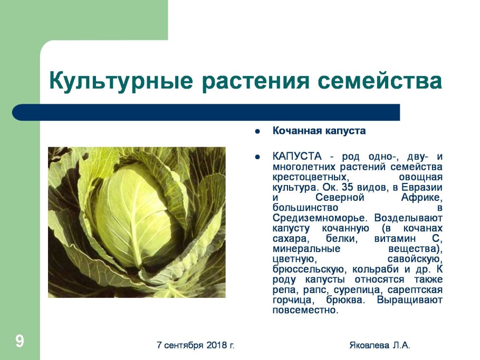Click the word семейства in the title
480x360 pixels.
[x=380, y=82]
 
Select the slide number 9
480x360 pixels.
[x=20, y=341]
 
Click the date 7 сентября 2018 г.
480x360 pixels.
[x=196, y=345]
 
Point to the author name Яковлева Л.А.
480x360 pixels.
[x=379, y=345]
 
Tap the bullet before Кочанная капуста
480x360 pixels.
[x=257, y=131]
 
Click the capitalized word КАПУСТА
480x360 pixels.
[x=297, y=157]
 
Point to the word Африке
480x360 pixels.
[x=421, y=198]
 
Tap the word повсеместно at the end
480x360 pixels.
[x=304, y=310]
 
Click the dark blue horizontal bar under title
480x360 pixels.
[x=206, y=112]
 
